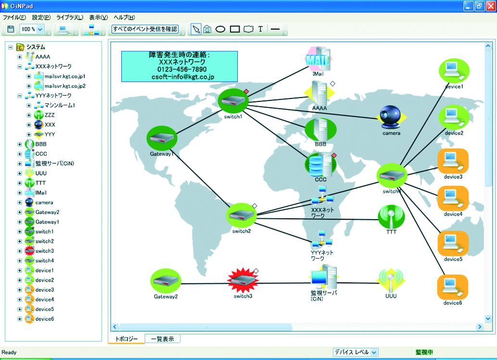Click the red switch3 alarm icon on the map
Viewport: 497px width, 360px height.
point(242,281)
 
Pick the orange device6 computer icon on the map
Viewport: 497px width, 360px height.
point(452,287)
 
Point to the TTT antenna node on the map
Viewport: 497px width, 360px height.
point(391,217)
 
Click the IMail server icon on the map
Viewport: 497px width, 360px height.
point(319,59)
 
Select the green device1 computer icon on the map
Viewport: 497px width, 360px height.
point(453,72)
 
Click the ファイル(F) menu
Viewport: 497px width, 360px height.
point(14,17)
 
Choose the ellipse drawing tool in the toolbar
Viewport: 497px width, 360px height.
point(220,29)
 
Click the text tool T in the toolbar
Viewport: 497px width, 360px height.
point(260,29)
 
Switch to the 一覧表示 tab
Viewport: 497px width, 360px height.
point(163,339)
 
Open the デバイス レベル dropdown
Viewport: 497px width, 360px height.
point(356,352)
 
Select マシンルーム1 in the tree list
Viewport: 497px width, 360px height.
point(60,105)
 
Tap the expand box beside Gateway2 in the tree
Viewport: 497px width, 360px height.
point(20,212)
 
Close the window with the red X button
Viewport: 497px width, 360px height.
point(489,6)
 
